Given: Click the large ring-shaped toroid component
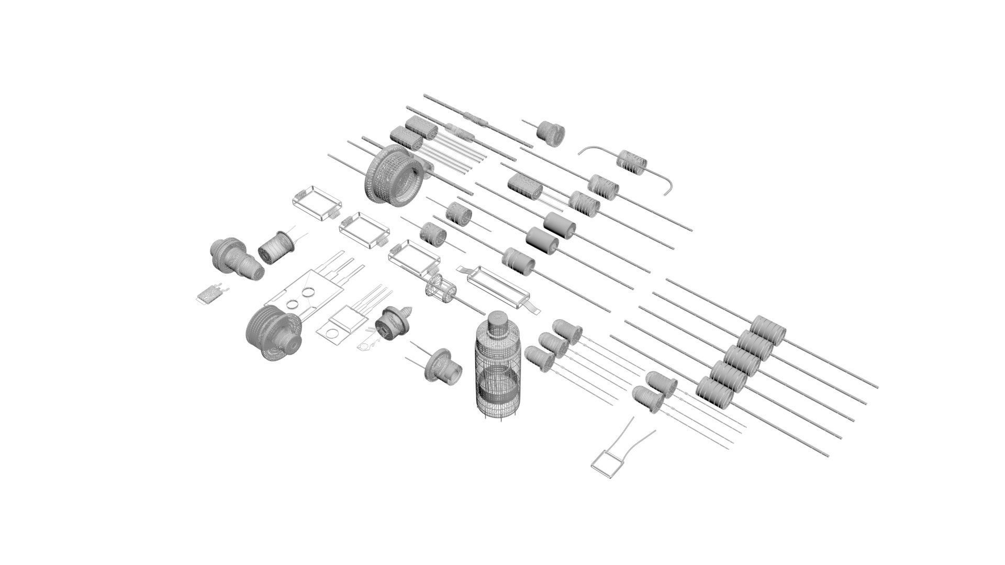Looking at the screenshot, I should (394, 176).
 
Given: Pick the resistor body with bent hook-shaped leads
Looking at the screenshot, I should (633, 162).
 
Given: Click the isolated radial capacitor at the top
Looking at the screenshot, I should (551, 133).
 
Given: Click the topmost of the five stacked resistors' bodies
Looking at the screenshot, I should (768, 330).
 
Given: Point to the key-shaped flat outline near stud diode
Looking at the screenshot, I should (370, 342).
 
